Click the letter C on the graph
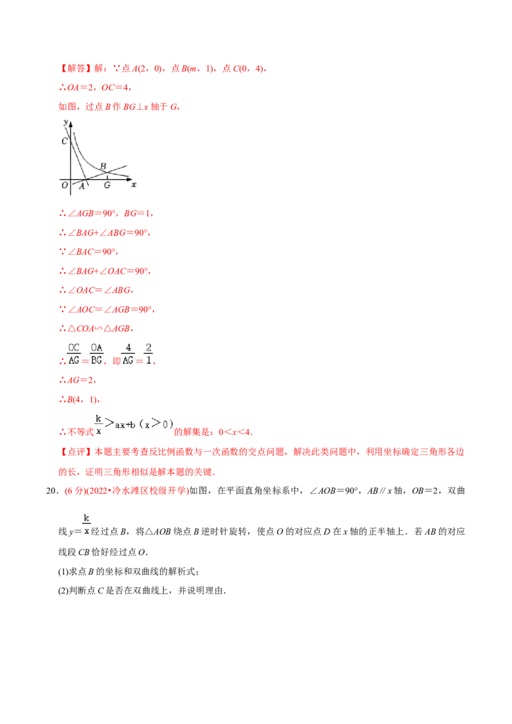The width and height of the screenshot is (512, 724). pos(65,141)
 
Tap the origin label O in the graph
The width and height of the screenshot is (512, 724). pos(64,185)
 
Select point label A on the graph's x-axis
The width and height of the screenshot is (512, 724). pos(82,186)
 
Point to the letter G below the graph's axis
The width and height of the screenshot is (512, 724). pos(107,185)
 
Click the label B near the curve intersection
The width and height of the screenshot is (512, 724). pos(103,166)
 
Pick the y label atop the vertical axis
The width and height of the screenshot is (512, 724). pos(66,122)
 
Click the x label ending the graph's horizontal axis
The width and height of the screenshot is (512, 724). pos(134,184)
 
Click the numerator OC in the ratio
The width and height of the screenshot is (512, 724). pos(74,347)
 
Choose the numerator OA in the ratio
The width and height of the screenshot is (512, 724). pos(96,347)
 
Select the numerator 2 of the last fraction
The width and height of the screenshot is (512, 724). pos(148,347)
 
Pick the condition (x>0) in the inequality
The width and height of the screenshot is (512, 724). pos(156,424)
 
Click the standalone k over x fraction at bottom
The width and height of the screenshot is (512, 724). pos(86,523)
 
